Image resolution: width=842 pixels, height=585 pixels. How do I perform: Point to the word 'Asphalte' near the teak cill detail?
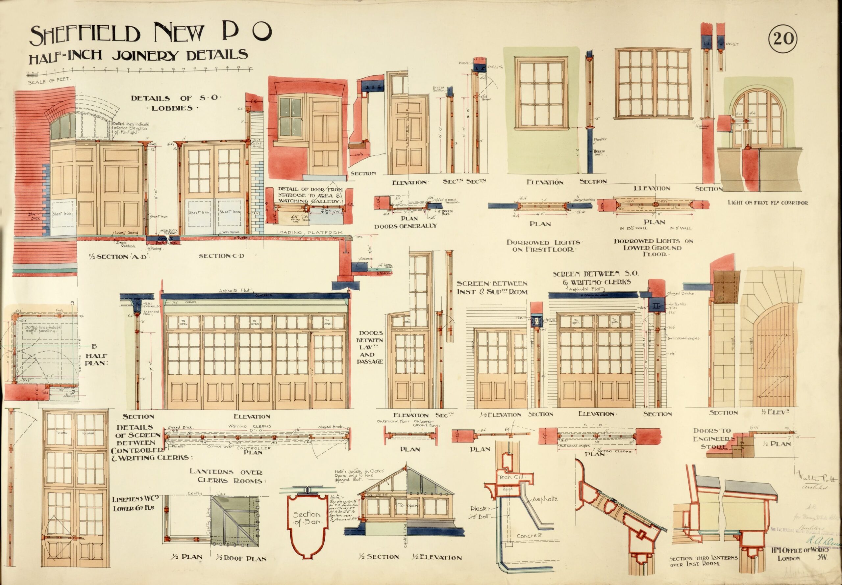pyautogui.click(x=545, y=499)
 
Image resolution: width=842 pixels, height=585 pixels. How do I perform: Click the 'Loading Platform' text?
pyautogui.click(x=309, y=232)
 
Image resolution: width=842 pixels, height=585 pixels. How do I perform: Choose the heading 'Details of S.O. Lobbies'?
pyautogui.click(x=177, y=103)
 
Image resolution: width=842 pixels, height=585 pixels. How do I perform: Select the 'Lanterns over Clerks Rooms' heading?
pyautogui.click(x=226, y=476)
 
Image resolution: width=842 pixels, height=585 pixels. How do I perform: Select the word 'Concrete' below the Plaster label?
pyautogui.click(x=529, y=536)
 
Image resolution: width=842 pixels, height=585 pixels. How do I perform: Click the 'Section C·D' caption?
pyautogui.click(x=221, y=256)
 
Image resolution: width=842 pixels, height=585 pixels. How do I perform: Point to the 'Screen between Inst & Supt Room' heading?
pyautogui.click(x=492, y=288)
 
